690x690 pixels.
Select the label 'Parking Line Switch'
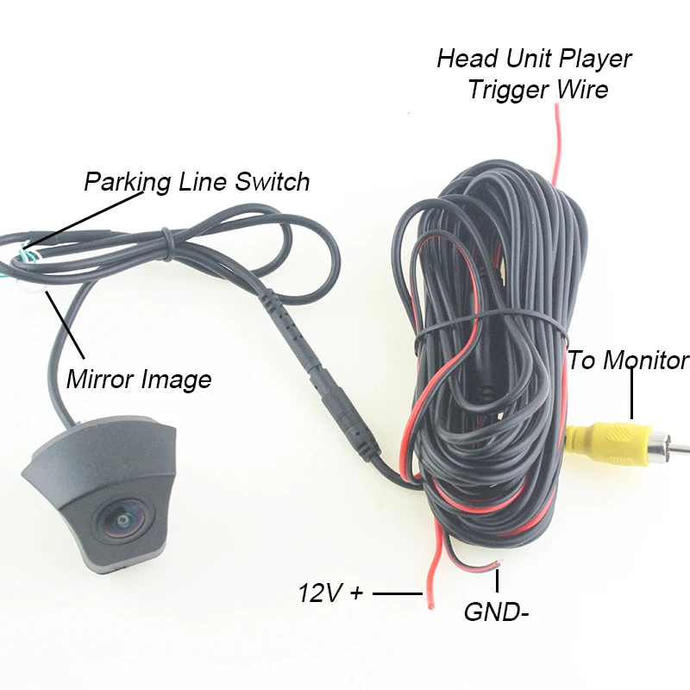197,182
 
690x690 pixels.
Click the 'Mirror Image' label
138,379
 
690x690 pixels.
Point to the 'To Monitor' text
628,360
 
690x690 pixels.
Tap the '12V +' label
331,593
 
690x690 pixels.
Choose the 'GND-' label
496,612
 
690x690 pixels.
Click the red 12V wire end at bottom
426,595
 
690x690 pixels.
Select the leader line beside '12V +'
396,593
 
